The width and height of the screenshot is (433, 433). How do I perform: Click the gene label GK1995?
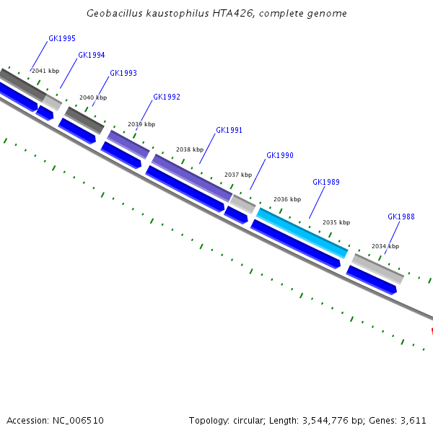[x=62, y=39]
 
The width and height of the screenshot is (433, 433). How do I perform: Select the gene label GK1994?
[x=92, y=55]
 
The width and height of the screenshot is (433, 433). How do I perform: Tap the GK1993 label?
[x=123, y=74]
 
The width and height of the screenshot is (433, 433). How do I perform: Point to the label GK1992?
[x=167, y=97]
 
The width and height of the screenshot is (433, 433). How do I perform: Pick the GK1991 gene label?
[x=229, y=131]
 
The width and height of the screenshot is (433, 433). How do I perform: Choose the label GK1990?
[x=280, y=156]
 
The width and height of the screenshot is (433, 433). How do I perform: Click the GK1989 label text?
[x=326, y=183]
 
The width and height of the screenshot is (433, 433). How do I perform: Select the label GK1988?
[x=401, y=217]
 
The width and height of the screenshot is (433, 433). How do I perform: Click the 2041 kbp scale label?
[x=45, y=71]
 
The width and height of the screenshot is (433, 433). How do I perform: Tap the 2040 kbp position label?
[x=93, y=97]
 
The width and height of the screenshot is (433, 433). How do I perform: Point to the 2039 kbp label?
[x=141, y=124]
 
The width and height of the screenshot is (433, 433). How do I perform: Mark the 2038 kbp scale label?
[x=190, y=149]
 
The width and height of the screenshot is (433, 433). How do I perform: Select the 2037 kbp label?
[x=238, y=175]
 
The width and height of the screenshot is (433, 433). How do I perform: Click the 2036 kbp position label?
[x=287, y=199]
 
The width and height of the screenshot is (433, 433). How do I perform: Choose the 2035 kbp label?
[x=336, y=222]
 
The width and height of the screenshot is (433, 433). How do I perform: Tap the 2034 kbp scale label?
[x=385, y=246]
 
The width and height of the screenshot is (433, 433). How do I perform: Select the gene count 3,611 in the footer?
[x=414, y=420]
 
